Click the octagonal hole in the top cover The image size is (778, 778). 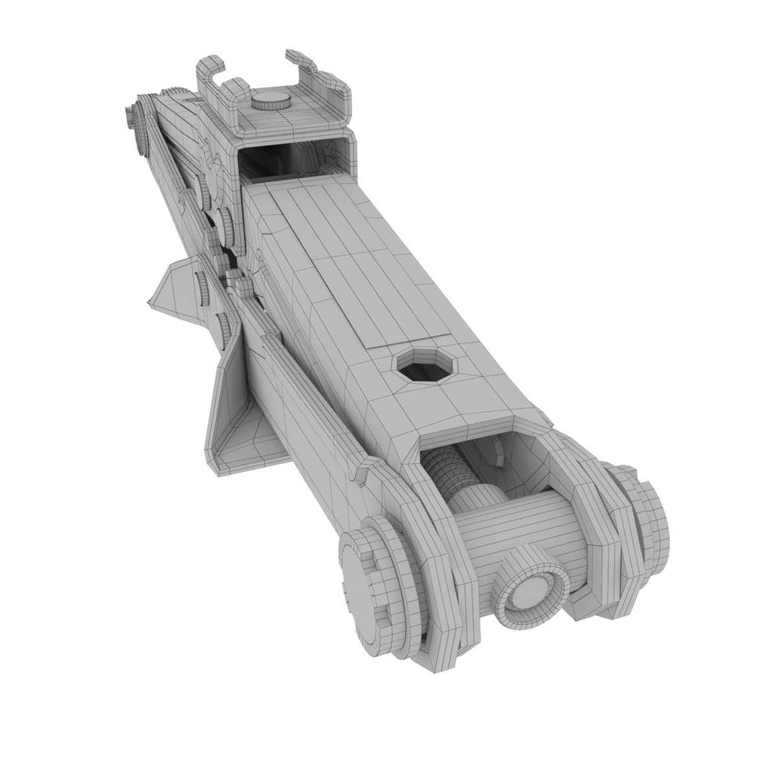click(x=424, y=365)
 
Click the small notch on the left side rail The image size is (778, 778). click(x=360, y=472)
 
